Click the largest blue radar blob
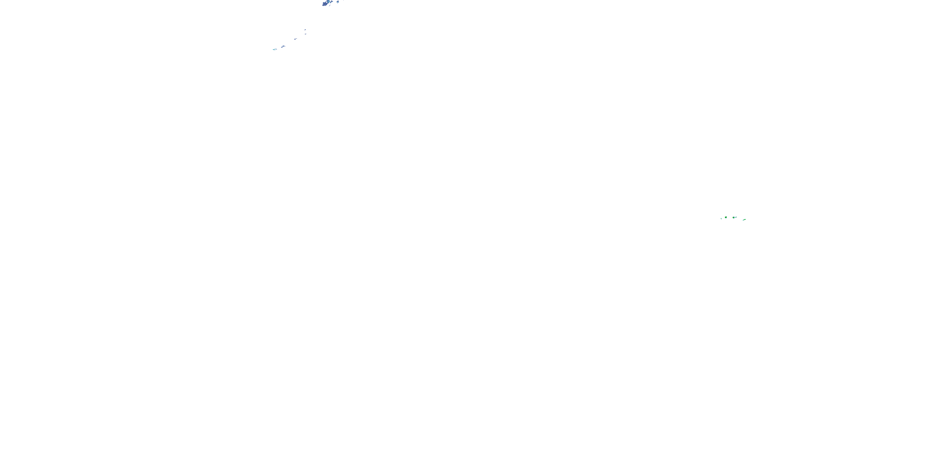(x=325, y=4)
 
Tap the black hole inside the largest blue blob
(x=327, y=2)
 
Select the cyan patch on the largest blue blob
(x=329, y=2)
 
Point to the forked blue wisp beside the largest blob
(x=331, y=2)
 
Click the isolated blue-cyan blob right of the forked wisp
(x=338, y=2)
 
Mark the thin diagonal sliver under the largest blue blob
(x=330, y=5)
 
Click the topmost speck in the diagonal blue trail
(x=305, y=30)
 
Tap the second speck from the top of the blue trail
(x=305, y=34)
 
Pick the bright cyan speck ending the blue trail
(x=274, y=50)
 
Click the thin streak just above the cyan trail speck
(x=276, y=49)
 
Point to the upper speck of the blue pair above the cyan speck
(x=284, y=46)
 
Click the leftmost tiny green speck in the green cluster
(x=721, y=219)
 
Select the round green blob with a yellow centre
(x=726, y=217)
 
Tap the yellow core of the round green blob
(x=726, y=217)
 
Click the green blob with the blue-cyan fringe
(x=734, y=218)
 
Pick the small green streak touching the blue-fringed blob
(x=736, y=217)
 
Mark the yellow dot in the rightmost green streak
(x=744, y=220)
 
